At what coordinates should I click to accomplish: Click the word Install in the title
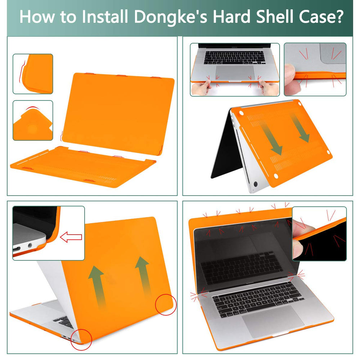pyautogui.click(x=105, y=17)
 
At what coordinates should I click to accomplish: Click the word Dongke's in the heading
pyautogui.click(x=170, y=17)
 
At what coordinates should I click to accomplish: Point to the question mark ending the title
pyautogui.click(x=338, y=17)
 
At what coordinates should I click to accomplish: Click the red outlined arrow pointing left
pyautogui.click(x=71, y=237)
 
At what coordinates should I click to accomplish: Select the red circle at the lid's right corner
pyautogui.click(x=166, y=305)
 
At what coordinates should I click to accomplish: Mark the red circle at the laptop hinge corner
pyautogui.click(x=81, y=340)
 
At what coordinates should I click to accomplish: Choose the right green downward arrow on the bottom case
pyautogui.click(x=300, y=127)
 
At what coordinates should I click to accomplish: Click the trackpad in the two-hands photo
pyautogui.click(x=235, y=73)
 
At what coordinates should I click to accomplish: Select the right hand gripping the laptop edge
pyautogui.click(x=269, y=87)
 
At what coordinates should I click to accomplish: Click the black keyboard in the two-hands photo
pyautogui.click(x=234, y=58)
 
